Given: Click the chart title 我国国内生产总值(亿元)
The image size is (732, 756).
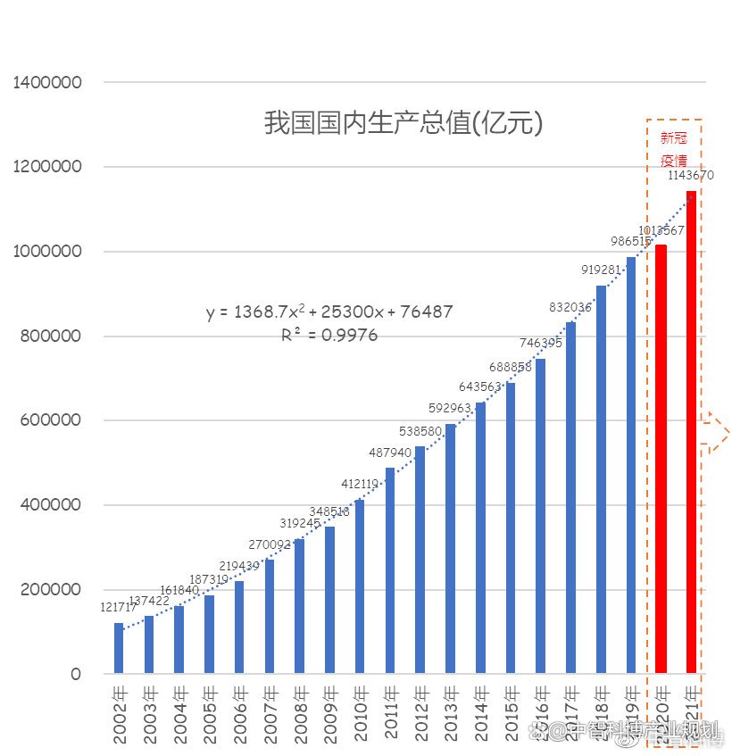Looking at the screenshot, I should (403, 122).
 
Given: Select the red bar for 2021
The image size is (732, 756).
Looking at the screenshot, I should (691, 432).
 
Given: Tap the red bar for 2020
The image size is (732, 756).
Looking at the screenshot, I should (661, 459).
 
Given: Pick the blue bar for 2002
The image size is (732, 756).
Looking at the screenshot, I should (119, 648).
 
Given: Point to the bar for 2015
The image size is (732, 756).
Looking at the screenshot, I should (511, 528).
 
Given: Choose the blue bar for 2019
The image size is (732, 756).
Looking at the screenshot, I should (631, 465).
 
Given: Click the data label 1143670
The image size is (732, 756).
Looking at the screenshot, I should (691, 176).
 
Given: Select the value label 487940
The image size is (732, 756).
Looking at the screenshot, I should (389, 452).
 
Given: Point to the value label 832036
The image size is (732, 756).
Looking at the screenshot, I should (570, 307).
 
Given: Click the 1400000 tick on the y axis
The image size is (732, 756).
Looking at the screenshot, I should (48, 83).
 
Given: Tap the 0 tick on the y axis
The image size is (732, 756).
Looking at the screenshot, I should (76, 674).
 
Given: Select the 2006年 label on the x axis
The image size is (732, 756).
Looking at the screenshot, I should (239, 715).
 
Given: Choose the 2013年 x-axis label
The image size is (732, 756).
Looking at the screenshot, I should (451, 715).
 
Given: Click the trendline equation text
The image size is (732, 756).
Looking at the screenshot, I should (329, 312).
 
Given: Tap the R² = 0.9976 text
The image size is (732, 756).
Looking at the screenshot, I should (329, 336).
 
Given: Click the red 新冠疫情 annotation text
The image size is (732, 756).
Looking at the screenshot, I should (674, 150).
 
